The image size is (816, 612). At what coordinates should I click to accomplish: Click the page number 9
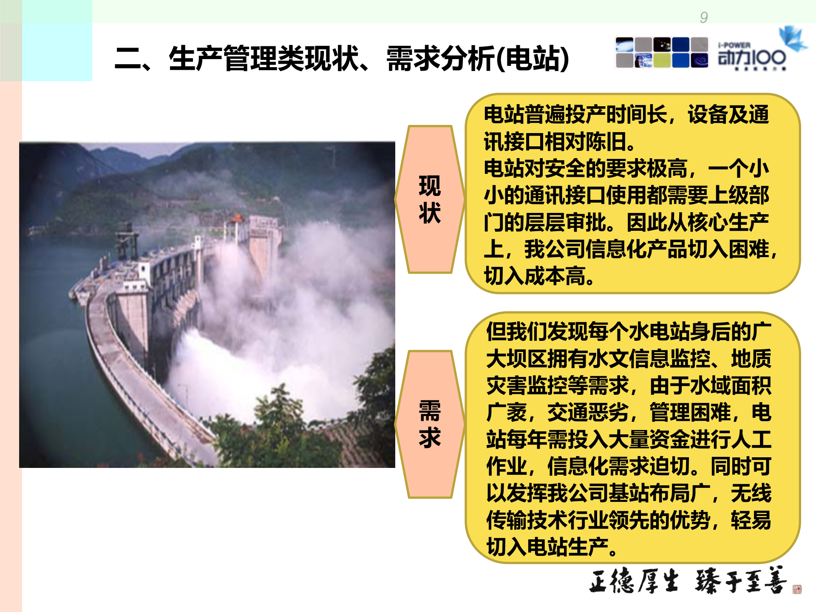(x=704, y=17)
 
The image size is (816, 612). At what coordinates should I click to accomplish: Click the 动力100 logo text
(x=751, y=57)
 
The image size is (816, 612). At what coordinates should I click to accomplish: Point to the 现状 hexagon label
(x=430, y=199)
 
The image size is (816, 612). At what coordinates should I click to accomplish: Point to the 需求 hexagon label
(x=430, y=424)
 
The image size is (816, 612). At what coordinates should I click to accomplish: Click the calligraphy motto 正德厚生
(x=633, y=581)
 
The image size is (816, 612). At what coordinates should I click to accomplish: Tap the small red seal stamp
(x=797, y=589)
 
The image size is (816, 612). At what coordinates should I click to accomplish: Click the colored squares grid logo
(x=662, y=53)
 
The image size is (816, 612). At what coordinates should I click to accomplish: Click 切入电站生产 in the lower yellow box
(x=547, y=547)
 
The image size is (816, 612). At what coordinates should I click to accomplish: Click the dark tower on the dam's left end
(x=127, y=242)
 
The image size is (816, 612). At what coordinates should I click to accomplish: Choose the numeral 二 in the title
(x=128, y=58)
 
